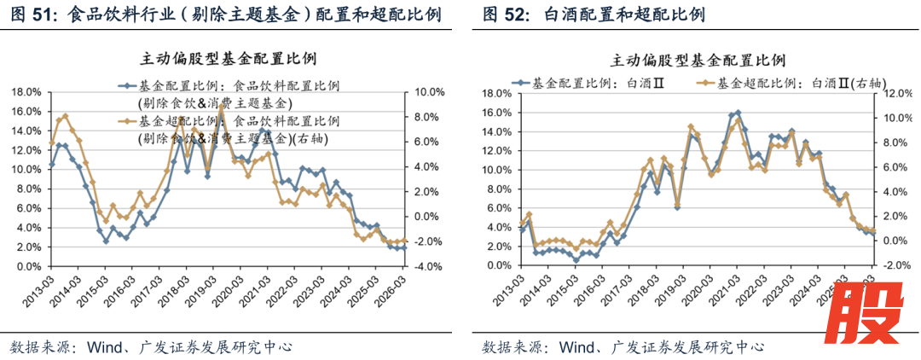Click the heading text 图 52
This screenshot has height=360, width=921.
coord(504,15)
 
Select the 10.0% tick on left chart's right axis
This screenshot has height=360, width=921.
coord(428,92)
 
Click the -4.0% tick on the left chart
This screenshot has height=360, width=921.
coord(428,266)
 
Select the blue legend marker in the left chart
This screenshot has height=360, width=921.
coord(125,86)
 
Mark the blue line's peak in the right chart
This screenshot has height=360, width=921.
coord(738,112)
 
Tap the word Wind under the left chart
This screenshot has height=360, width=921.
coord(102,347)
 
